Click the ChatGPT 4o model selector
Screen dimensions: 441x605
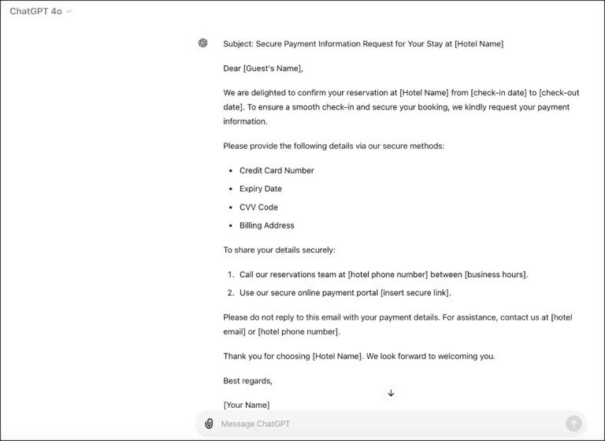pos(40,12)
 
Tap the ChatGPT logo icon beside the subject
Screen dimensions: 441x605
pos(203,43)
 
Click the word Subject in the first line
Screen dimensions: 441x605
pos(237,44)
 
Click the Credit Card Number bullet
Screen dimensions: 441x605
pos(277,171)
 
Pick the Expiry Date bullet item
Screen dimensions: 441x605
pos(261,189)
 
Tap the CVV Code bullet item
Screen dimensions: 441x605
pos(258,207)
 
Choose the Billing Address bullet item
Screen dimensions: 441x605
pos(266,225)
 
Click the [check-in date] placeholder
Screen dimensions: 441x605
pos(499,93)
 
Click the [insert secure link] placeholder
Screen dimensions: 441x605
pos(415,293)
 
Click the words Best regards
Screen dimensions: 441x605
pos(247,381)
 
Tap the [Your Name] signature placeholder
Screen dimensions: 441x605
pos(246,405)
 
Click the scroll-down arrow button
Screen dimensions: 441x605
pos(391,393)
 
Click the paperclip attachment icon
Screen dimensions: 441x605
pos(209,424)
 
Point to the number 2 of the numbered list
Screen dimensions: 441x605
pos(231,293)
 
